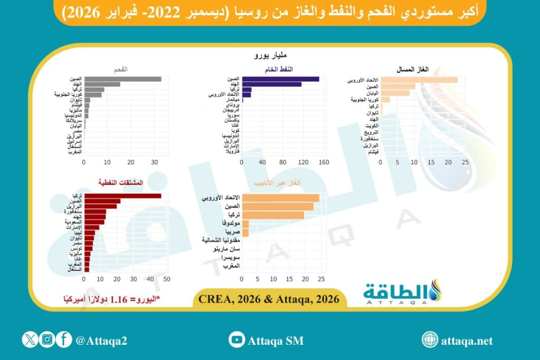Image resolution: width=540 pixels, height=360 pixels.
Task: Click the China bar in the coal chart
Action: point(122,79)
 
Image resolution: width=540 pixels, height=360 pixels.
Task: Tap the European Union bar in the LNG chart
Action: point(419,80)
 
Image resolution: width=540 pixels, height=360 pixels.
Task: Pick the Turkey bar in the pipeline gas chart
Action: point(273,215)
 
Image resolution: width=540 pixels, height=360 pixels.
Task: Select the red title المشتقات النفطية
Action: point(121,182)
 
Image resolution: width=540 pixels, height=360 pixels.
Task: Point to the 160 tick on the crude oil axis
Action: point(324,162)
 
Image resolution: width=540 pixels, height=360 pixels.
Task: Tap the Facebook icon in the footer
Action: point(64,340)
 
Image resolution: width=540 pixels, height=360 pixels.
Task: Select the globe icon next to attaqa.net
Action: point(430,340)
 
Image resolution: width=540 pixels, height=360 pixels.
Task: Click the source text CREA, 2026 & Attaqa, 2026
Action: point(269,299)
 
